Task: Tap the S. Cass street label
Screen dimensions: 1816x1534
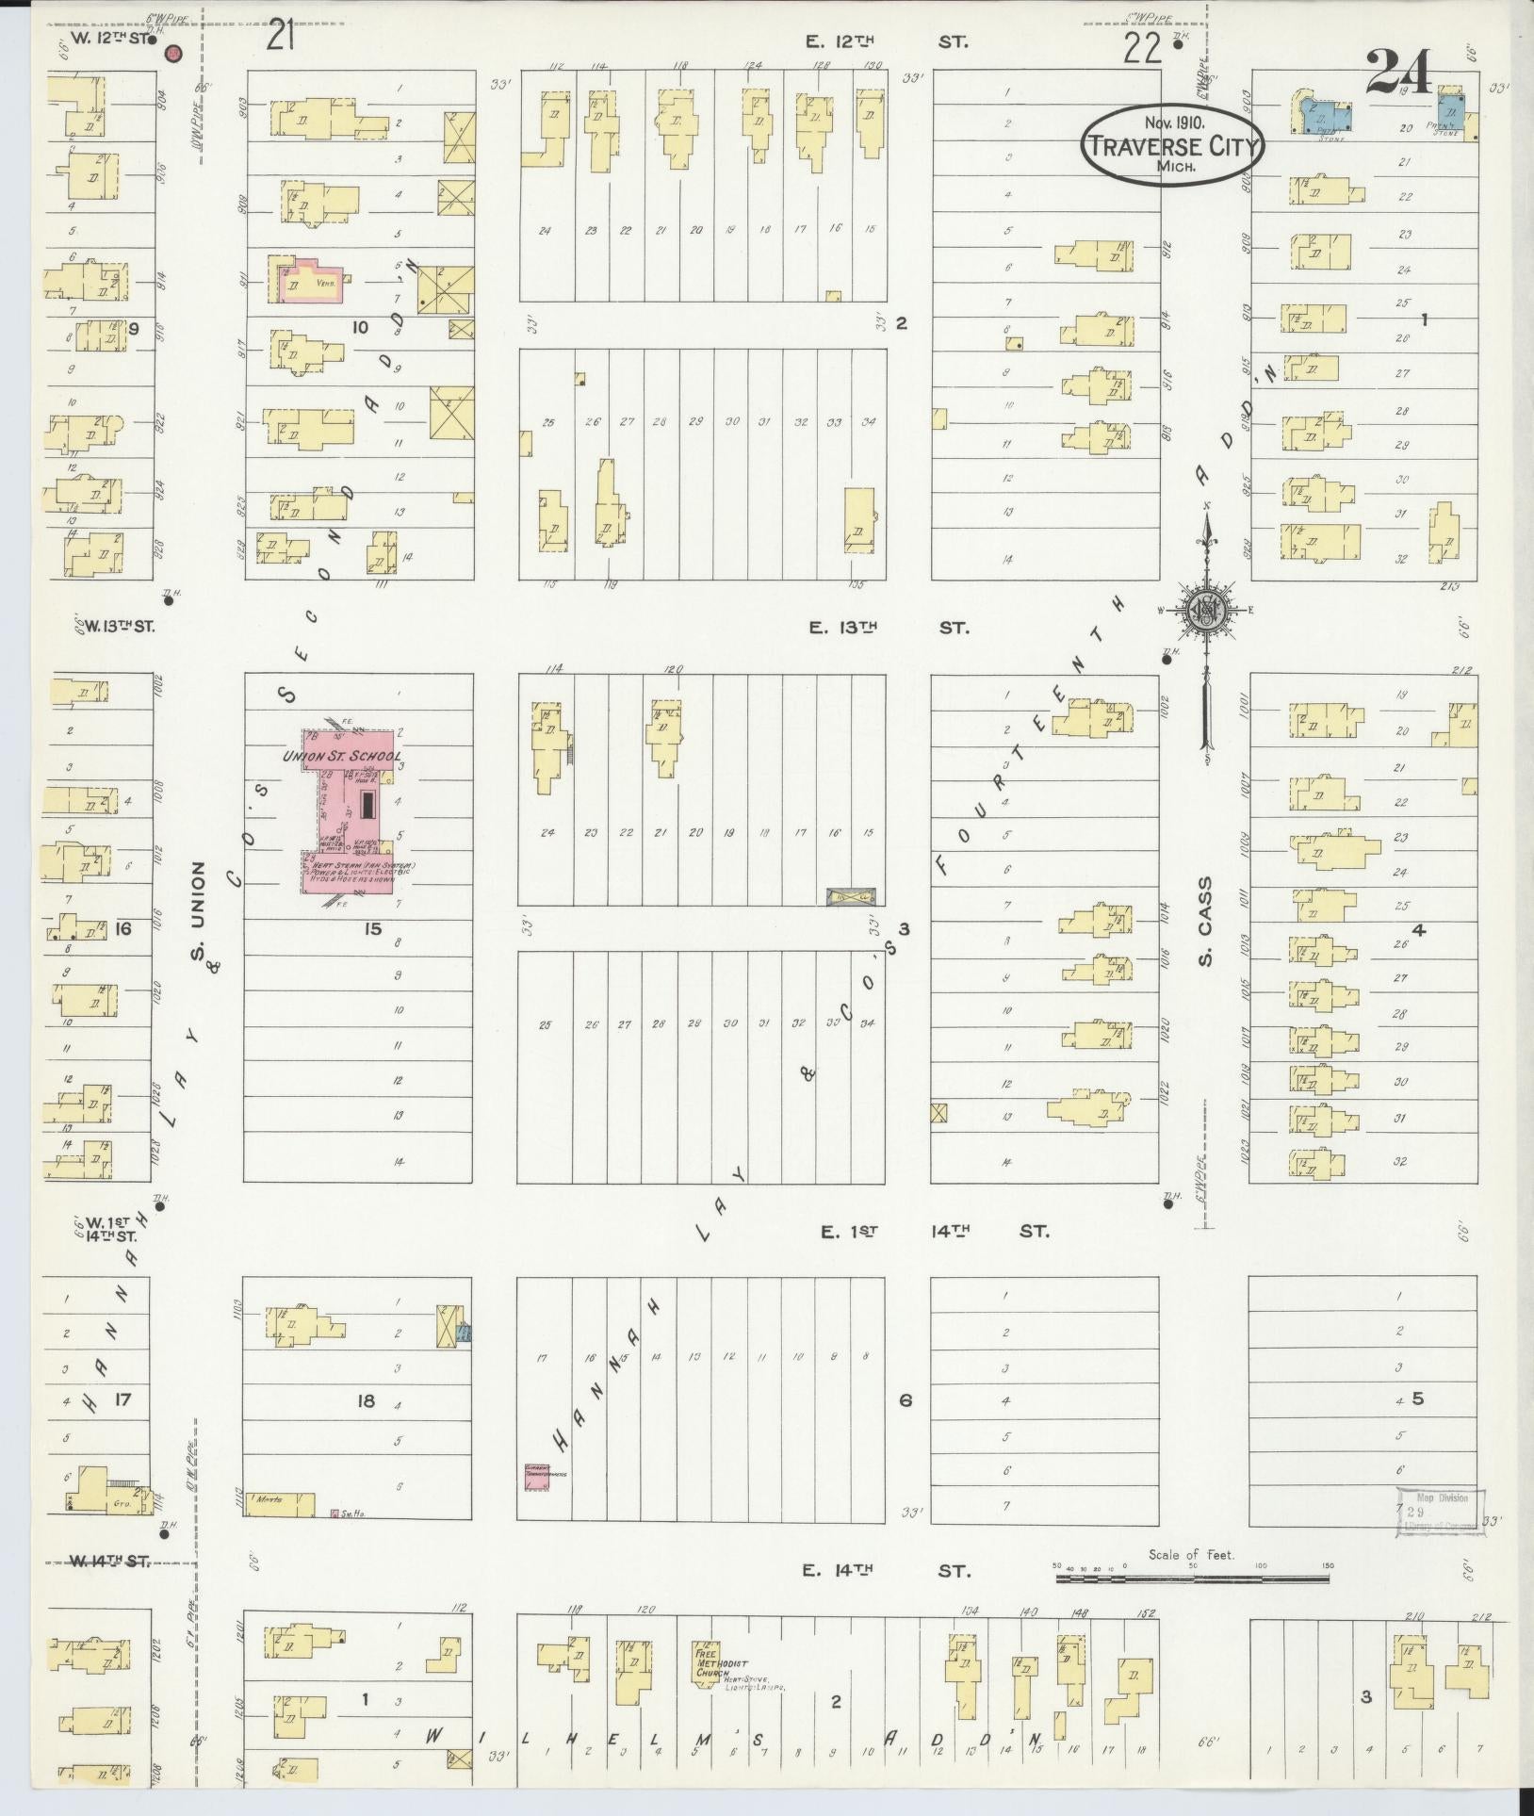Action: pos(1205,922)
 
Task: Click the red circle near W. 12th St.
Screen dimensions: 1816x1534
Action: pos(173,54)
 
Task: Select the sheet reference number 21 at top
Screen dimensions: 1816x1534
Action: pos(282,37)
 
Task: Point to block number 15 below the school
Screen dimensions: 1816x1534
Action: pos(373,929)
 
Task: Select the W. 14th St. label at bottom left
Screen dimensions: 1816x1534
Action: pos(109,1561)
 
